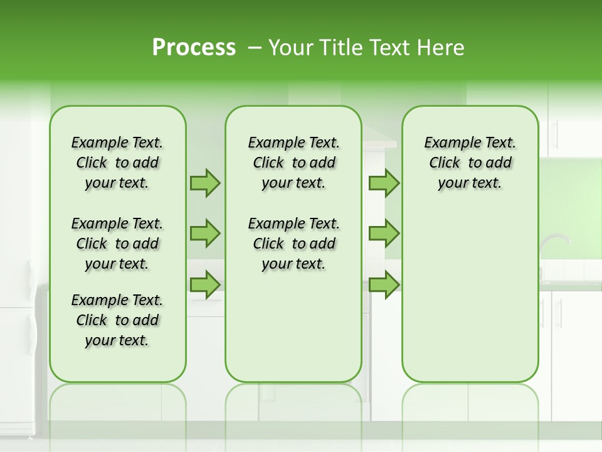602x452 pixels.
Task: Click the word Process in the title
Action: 194,48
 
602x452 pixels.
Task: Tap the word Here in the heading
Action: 442,48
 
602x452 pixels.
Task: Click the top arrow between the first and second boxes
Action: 204,183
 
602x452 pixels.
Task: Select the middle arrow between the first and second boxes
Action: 204,234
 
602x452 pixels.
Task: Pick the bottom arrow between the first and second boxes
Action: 204,284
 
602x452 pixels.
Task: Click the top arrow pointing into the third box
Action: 384,183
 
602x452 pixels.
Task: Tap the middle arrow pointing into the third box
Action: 384,234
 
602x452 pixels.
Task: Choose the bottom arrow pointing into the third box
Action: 384,284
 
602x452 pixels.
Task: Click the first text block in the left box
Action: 117,163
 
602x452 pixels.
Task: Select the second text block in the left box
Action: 117,244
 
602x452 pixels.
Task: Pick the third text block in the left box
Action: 117,320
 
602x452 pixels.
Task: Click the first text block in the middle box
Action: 293,163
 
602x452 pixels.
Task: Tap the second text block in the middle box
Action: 293,244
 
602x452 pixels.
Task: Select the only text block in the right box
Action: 470,163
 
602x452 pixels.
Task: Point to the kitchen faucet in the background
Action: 554,242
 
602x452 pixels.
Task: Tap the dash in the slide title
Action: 254,48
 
